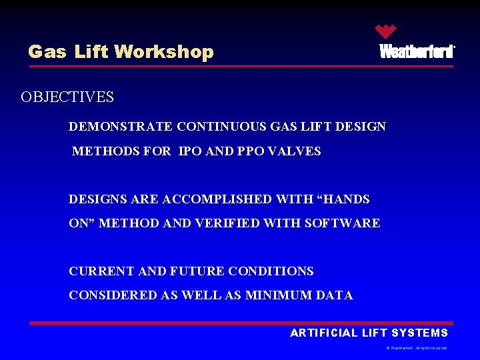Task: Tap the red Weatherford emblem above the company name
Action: [385, 31]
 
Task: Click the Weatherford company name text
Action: [417, 52]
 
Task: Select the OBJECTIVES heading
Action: [67, 97]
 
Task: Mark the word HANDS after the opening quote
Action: [345, 199]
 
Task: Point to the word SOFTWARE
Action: [342, 224]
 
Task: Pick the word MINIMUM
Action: [271, 295]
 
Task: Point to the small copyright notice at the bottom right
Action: [416, 348]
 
